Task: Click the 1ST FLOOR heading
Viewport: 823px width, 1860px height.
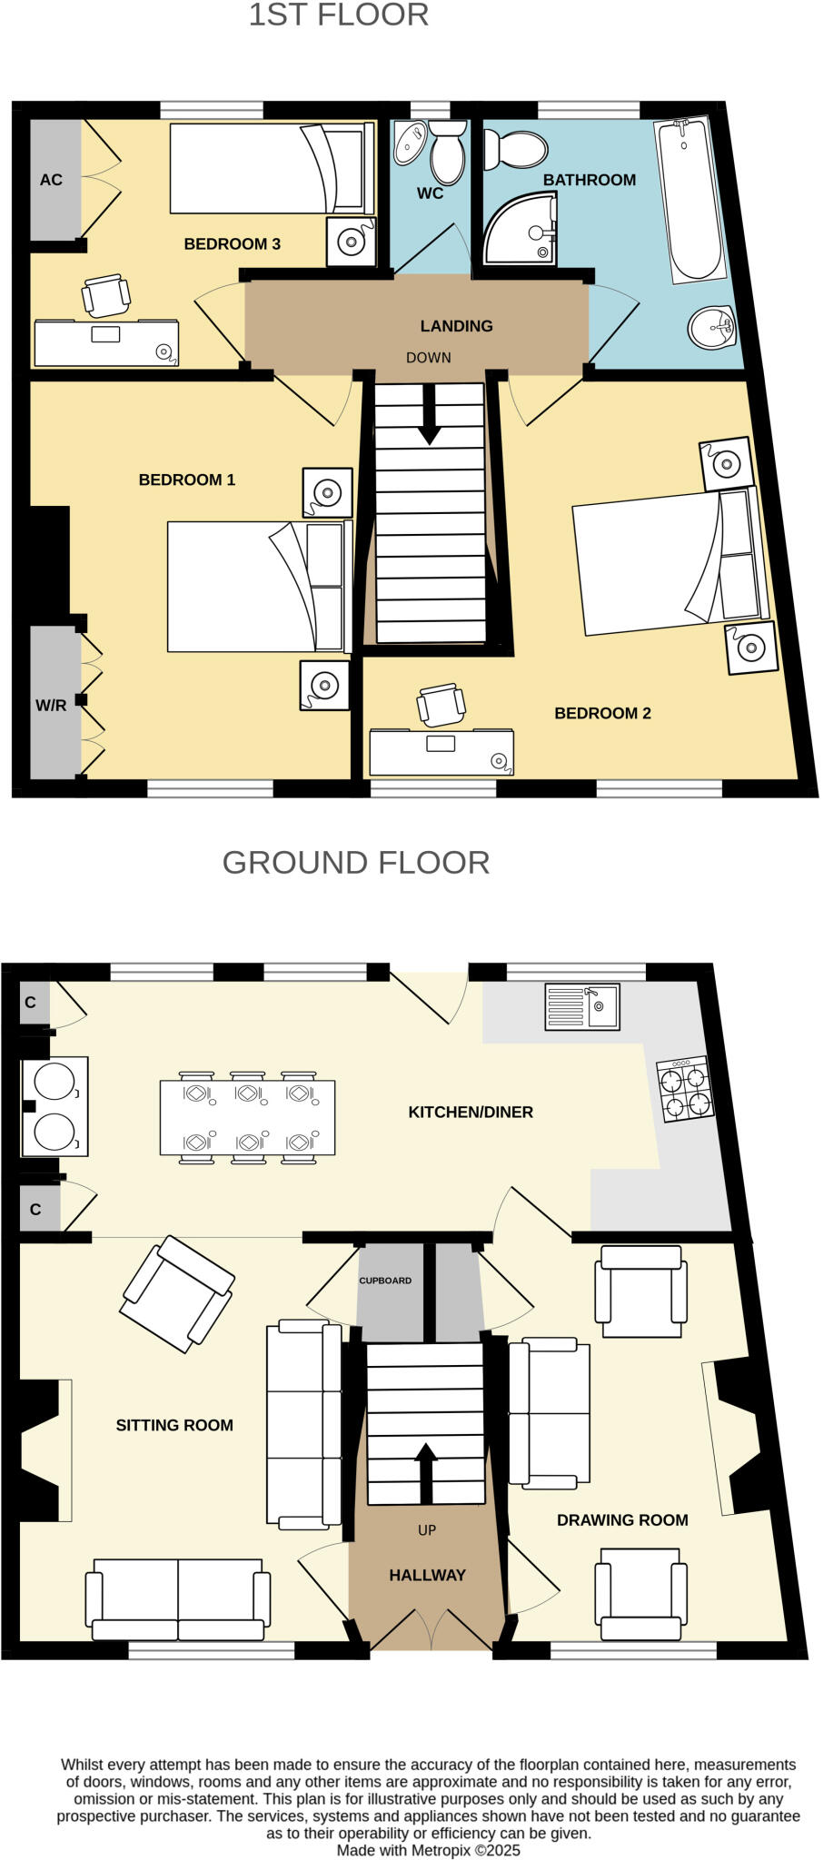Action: tap(338, 15)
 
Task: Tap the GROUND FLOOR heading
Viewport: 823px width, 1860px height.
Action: tap(356, 862)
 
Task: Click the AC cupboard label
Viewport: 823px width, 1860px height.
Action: tap(51, 180)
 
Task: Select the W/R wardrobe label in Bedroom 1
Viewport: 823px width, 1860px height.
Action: tap(51, 705)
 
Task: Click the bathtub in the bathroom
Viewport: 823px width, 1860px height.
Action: tap(691, 200)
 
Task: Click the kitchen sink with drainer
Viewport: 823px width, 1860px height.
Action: tap(581, 1006)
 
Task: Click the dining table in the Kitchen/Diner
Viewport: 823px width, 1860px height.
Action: tap(247, 1117)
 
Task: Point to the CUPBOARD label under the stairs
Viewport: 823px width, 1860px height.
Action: tap(385, 1281)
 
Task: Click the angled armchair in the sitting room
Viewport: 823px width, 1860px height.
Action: tap(177, 1293)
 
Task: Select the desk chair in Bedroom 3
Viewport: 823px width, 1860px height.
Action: tap(105, 295)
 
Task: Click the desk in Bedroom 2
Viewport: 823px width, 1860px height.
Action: tap(441, 752)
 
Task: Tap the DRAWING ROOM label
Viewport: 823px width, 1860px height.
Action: tap(622, 1519)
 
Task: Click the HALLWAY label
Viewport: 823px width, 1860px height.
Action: tap(427, 1575)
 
